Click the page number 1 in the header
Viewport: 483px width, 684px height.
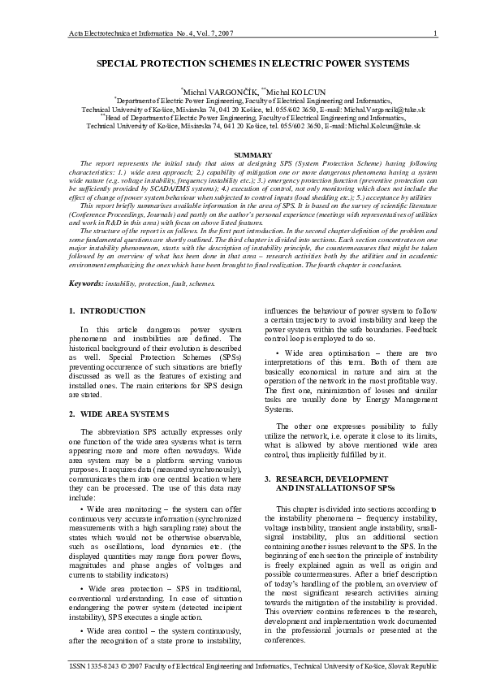coord(436,32)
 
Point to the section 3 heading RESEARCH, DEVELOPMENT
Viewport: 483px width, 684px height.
coord(323,478)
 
